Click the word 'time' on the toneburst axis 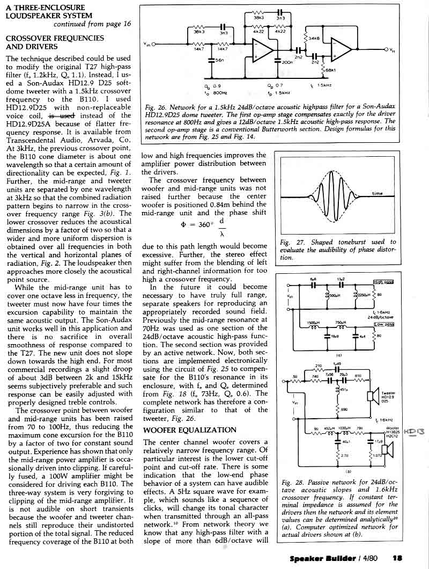(x=378, y=194)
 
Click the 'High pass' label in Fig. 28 (x=383, y=282)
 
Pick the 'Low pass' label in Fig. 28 (x=383, y=325)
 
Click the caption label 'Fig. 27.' (x=290, y=243)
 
